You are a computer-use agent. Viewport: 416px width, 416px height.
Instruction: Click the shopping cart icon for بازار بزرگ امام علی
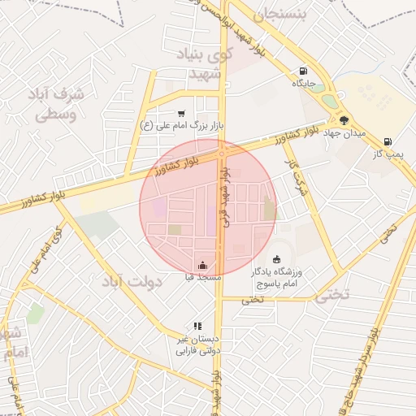click(x=180, y=114)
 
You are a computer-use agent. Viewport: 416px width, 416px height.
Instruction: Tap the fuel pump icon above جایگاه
click(x=304, y=71)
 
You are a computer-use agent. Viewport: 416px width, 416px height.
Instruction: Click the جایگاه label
click(x=304, y=83)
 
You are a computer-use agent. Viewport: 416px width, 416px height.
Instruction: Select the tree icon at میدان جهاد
click(x=344, y=119)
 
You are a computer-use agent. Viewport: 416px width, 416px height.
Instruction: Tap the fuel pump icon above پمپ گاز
click(x=388, y=141)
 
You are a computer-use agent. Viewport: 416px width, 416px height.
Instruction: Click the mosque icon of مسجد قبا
click(x=202, y=265)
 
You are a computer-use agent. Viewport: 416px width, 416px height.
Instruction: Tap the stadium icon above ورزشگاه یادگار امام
click(x=276, y=259)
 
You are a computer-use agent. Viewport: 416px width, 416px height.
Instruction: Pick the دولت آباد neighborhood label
click(x=133, y=281)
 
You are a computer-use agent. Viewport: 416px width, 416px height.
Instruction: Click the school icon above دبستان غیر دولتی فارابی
click(x=197, y=326)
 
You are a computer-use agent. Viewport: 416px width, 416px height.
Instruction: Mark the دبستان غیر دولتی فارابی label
click(x=199, y=344)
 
